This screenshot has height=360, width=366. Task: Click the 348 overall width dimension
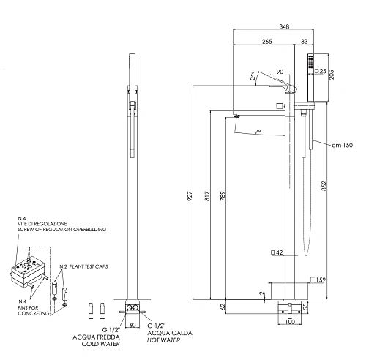tap(284, 26)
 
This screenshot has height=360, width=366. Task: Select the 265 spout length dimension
tap(267, 42)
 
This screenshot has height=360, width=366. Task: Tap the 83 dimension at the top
tap(305, 42)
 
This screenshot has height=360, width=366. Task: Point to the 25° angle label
tap(253, 76)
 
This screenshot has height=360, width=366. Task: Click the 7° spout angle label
tap(258, 132)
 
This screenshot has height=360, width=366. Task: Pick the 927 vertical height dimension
tap(190, 196)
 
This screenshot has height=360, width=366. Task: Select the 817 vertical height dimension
tap(207, 196)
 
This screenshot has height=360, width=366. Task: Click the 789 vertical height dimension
tap(223, 196)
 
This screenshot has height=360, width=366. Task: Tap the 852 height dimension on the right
tap(324, 186)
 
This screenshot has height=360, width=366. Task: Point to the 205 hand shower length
tap(332, 75)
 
